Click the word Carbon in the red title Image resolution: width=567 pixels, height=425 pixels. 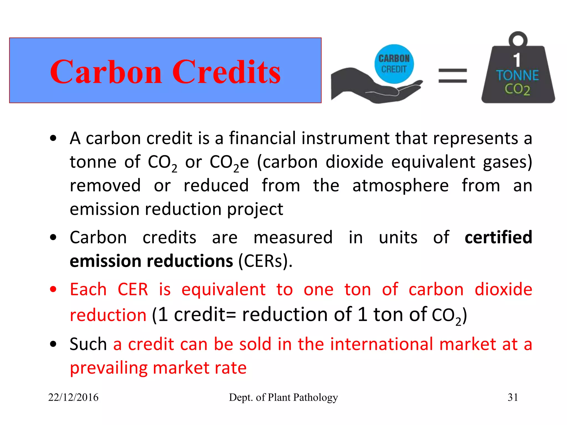coord(106,72)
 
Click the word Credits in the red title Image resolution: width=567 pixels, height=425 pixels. coord(226,72)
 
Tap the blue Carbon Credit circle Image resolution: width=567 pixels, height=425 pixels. coord(394,64)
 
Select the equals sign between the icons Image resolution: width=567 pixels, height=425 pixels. coord(453,76)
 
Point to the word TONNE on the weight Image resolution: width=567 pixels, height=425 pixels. coord(517,76)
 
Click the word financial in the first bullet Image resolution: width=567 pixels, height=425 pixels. coord(262,138)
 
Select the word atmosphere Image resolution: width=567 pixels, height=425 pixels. coord(400,185)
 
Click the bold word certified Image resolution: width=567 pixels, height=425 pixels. coord(498,237)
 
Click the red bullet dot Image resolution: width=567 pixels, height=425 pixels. coord(53,289)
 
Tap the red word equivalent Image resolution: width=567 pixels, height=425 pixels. coord(223,289)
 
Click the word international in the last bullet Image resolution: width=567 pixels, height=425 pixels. coord(382,344)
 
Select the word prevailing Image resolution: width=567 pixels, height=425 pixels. coord(108,368)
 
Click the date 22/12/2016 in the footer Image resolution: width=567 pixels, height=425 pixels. coord(73,397)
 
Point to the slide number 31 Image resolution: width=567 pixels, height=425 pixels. coord(513,397)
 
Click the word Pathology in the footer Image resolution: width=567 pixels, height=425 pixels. coord(315,397)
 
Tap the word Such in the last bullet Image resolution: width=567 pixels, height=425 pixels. coord(88,344)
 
